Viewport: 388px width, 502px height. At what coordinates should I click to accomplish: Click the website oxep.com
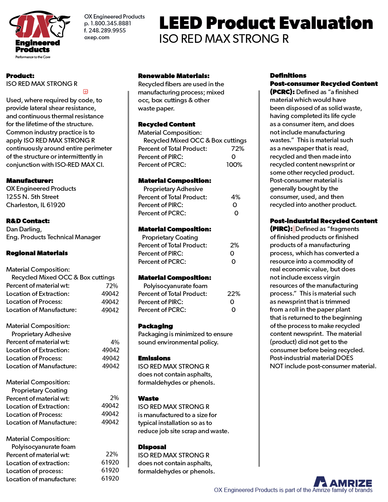point(97,37)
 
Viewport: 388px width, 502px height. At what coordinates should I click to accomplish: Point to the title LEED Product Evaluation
point(266,23)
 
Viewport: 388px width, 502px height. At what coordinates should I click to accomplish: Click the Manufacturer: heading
point(30,181)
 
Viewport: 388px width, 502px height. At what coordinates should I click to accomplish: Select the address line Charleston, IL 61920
point(36,205)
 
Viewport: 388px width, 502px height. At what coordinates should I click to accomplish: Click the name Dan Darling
point(24,229)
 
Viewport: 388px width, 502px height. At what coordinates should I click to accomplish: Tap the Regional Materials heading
point(37,253)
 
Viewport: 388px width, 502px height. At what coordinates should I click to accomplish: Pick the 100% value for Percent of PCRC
point(234,165)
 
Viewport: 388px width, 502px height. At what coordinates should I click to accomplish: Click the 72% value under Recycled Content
point(238,149)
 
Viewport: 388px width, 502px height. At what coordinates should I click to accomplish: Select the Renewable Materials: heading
point(174,76)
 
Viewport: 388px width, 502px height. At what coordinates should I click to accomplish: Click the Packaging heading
point(155,326)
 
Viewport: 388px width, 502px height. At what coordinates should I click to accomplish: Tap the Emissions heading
point(154,358)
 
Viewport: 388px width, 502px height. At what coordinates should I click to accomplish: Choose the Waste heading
point(148,399)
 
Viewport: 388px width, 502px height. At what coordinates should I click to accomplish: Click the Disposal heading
point(152,447)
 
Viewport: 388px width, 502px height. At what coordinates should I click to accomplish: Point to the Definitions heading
point(288,76)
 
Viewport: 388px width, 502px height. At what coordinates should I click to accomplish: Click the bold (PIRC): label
point(281,229)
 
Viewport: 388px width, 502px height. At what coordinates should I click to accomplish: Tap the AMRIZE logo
point(343,482)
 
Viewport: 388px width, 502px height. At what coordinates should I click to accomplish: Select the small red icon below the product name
point(86,92)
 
